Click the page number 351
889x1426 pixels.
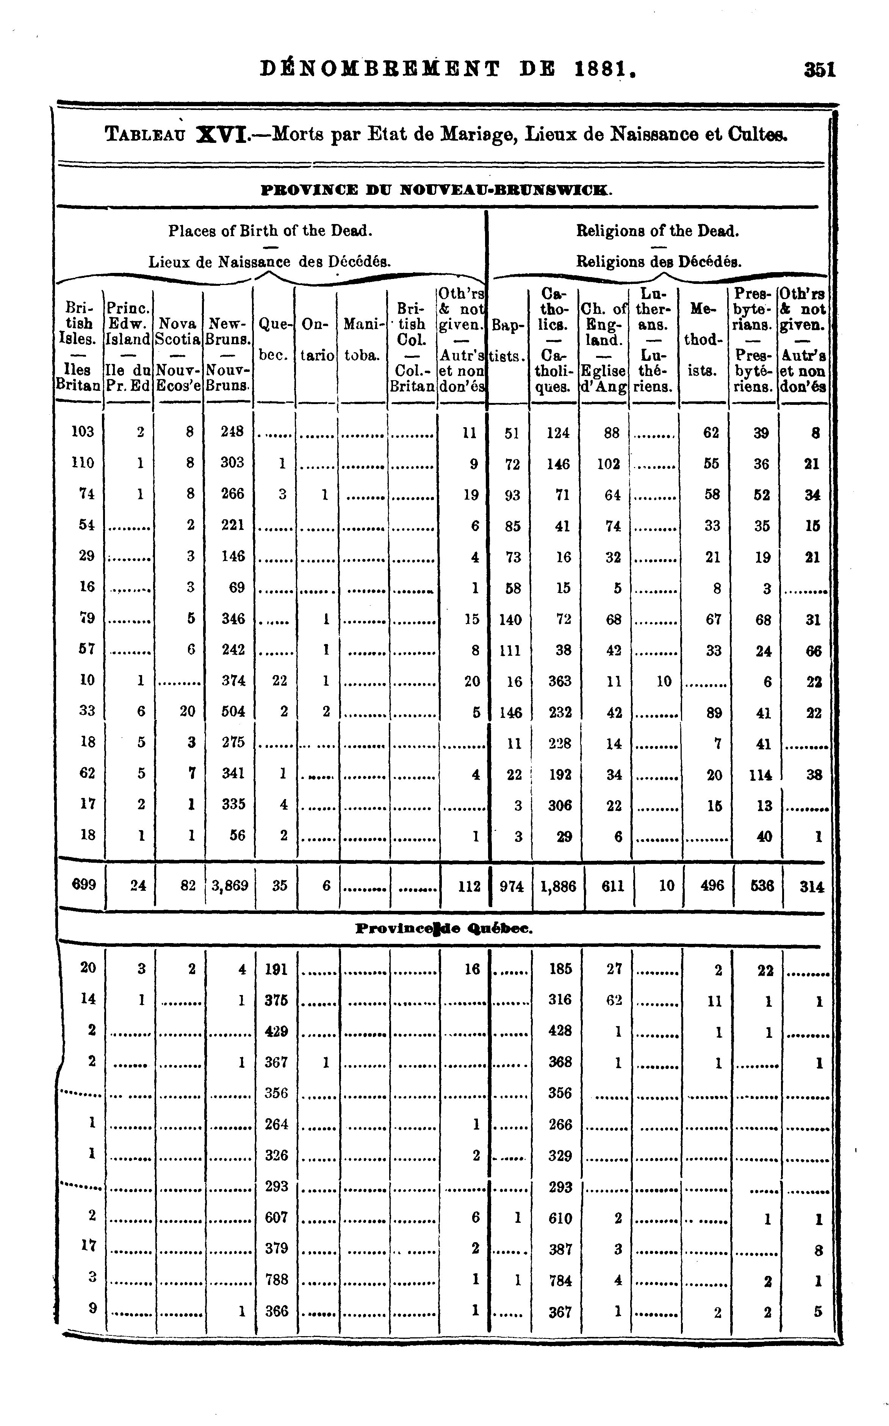(x=820, y=70)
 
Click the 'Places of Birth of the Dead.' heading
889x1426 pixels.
(x=271, y=230)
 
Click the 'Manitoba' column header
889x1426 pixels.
(x=362, y=340)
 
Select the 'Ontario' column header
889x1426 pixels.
(x=316, y=340)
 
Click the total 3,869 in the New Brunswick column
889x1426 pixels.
(x=230, y=885)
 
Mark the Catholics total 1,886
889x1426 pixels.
(x=558, y=885)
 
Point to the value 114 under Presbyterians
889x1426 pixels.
(x=761, y=774)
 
